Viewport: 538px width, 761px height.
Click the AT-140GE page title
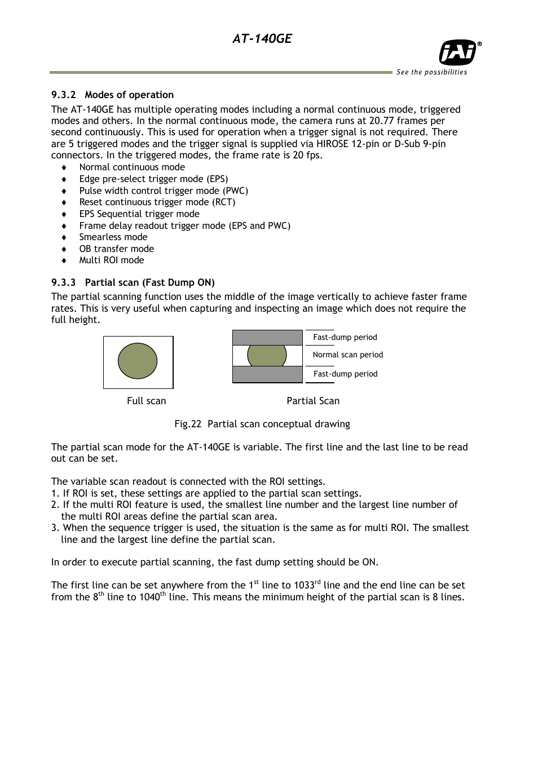262,38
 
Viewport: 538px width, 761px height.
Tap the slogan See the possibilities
431,72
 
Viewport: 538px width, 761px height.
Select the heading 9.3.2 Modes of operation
112,95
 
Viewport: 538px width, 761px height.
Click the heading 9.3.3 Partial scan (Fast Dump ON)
133,282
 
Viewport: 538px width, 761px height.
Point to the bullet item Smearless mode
113,237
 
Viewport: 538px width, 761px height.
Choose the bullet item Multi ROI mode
111,260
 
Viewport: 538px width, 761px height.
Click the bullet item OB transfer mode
116,249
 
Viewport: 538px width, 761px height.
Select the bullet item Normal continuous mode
132,167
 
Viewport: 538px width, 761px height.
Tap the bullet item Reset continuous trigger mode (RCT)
157,202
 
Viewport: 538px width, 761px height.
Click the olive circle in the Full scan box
138,361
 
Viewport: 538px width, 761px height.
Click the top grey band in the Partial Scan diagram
267,338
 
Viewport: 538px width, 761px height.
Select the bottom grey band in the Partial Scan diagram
267,374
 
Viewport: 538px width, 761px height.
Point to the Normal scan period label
347,355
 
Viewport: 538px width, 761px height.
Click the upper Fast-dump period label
345,337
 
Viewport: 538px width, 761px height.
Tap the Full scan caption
146,401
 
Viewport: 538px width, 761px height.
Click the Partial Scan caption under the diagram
312,401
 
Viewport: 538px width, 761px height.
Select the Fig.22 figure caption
262,424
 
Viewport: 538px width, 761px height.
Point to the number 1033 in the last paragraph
303,586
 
